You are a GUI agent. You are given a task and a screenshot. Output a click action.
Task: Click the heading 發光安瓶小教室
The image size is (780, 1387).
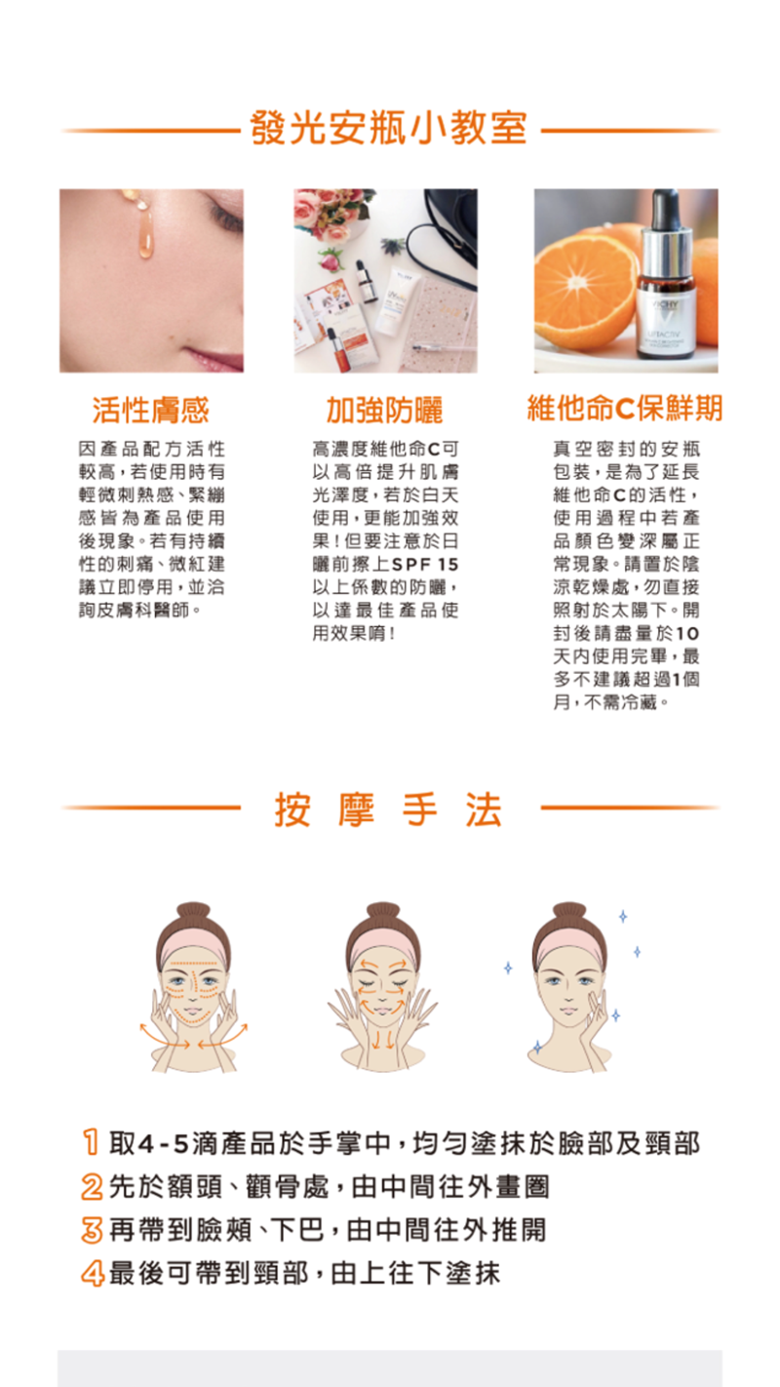point(389,128)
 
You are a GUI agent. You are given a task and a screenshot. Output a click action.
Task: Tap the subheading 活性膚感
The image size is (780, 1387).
point(150,410)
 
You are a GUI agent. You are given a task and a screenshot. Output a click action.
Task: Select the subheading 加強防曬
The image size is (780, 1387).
point(384,411)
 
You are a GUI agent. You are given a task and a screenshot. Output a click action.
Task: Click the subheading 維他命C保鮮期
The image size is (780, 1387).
point(625,409)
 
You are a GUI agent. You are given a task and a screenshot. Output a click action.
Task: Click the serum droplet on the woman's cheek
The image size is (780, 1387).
point(144,234)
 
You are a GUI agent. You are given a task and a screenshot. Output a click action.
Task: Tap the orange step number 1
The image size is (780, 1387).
point(93,1142)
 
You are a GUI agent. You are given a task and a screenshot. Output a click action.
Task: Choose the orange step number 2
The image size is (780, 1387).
point(93,1186)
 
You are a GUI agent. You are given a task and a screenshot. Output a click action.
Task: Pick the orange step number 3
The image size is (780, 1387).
point(93,1229)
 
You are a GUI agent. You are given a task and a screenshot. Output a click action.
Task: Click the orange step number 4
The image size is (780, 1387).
point(93,1273)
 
